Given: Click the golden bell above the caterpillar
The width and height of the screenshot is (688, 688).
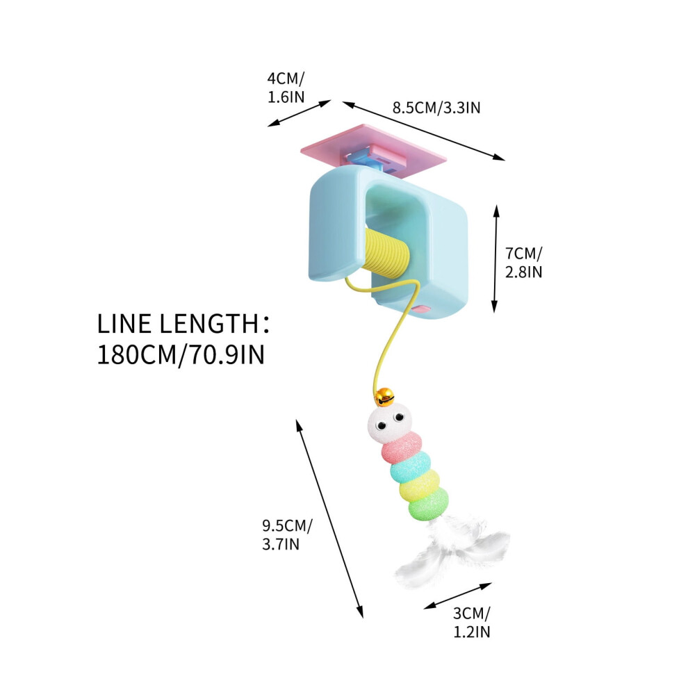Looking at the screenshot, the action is pos(384,397).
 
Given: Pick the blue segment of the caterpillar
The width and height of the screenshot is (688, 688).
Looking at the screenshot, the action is pos(410,467).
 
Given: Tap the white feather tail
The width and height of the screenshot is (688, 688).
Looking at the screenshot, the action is pos(452,553).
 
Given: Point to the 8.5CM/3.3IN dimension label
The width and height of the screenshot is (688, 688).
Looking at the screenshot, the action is pos(436,108).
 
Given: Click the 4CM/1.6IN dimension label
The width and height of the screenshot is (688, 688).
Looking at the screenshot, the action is pos(286,88).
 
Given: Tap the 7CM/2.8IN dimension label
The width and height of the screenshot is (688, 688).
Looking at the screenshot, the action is pos(523,263).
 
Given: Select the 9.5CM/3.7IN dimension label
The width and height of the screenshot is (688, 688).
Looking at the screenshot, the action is pos(288,534).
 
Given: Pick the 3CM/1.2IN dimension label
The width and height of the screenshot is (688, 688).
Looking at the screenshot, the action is pos(472,622).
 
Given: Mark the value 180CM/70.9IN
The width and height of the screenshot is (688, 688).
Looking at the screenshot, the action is pos(181,354).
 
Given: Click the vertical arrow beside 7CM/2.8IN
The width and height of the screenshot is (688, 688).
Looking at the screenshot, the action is pos(495,259).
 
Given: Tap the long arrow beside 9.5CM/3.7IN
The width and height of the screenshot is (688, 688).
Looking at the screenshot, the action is pos(329,518).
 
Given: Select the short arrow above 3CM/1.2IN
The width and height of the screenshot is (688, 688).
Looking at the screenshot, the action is pos(458,596).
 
